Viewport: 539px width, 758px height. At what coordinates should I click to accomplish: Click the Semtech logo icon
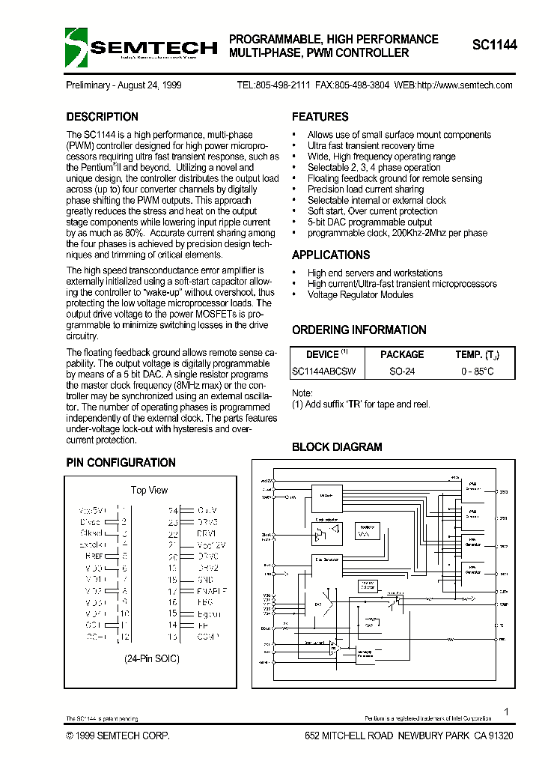pyautogui.click(x=76, y=47)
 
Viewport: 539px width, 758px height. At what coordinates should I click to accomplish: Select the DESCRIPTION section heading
pyautogui.click(x=102, y=117)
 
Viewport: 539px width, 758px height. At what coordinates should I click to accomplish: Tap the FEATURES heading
pyautogui.click(x=320, y=117)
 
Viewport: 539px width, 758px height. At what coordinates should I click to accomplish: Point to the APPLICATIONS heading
pyautogui.click(x=331, y=255)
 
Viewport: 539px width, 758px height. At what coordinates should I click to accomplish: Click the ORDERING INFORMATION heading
pyautogui.click(x=359, y=330)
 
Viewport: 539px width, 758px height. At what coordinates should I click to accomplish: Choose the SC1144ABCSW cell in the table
pyautogui.click(x=323, y=372)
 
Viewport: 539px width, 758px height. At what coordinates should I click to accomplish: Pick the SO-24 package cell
pyautogui.click(x=402, y=372)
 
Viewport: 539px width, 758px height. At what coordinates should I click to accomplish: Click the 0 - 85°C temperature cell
pyautogui.click(x=478, y=372)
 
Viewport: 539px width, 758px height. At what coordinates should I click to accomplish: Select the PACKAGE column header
pyautogui.click(x=402, y=354)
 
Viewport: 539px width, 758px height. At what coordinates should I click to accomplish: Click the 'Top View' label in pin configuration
pyautogui.click(x=149, y=490)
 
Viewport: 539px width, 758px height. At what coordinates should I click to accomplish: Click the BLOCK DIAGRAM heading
pyautogui.click(x=336, y=447)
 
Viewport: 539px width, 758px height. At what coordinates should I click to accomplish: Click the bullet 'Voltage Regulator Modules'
pyautogui.click(x=360, y=294)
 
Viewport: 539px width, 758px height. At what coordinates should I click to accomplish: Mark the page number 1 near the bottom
pyautogui.click(x=507, y=712)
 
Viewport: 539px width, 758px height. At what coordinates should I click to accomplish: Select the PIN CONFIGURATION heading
pyautogui.click(x=121, y=463)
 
